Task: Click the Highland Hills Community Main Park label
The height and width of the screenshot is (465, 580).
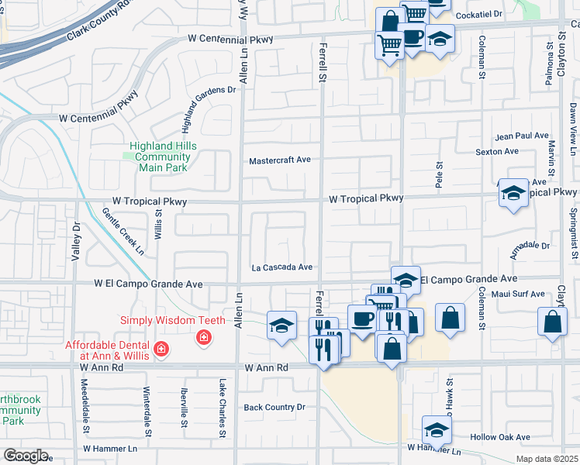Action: click(x=163, y=157)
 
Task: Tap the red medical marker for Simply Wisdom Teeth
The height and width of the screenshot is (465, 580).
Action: click(x=204, y=337)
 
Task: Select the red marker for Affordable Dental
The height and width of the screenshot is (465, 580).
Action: click(x=161, y=350)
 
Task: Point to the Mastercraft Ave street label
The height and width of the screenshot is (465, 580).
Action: click(x=279, y=160)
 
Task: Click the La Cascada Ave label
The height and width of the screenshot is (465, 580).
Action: click(x=281, y=267)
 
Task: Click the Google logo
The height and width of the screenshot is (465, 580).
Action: click(x=26, y=456)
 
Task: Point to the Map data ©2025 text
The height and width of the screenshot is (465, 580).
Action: click(x=547, y=459)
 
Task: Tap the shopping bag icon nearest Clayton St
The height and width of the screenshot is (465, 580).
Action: click(x=551, y=323)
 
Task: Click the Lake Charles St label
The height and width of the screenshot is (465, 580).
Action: click(x=222, y=403)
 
